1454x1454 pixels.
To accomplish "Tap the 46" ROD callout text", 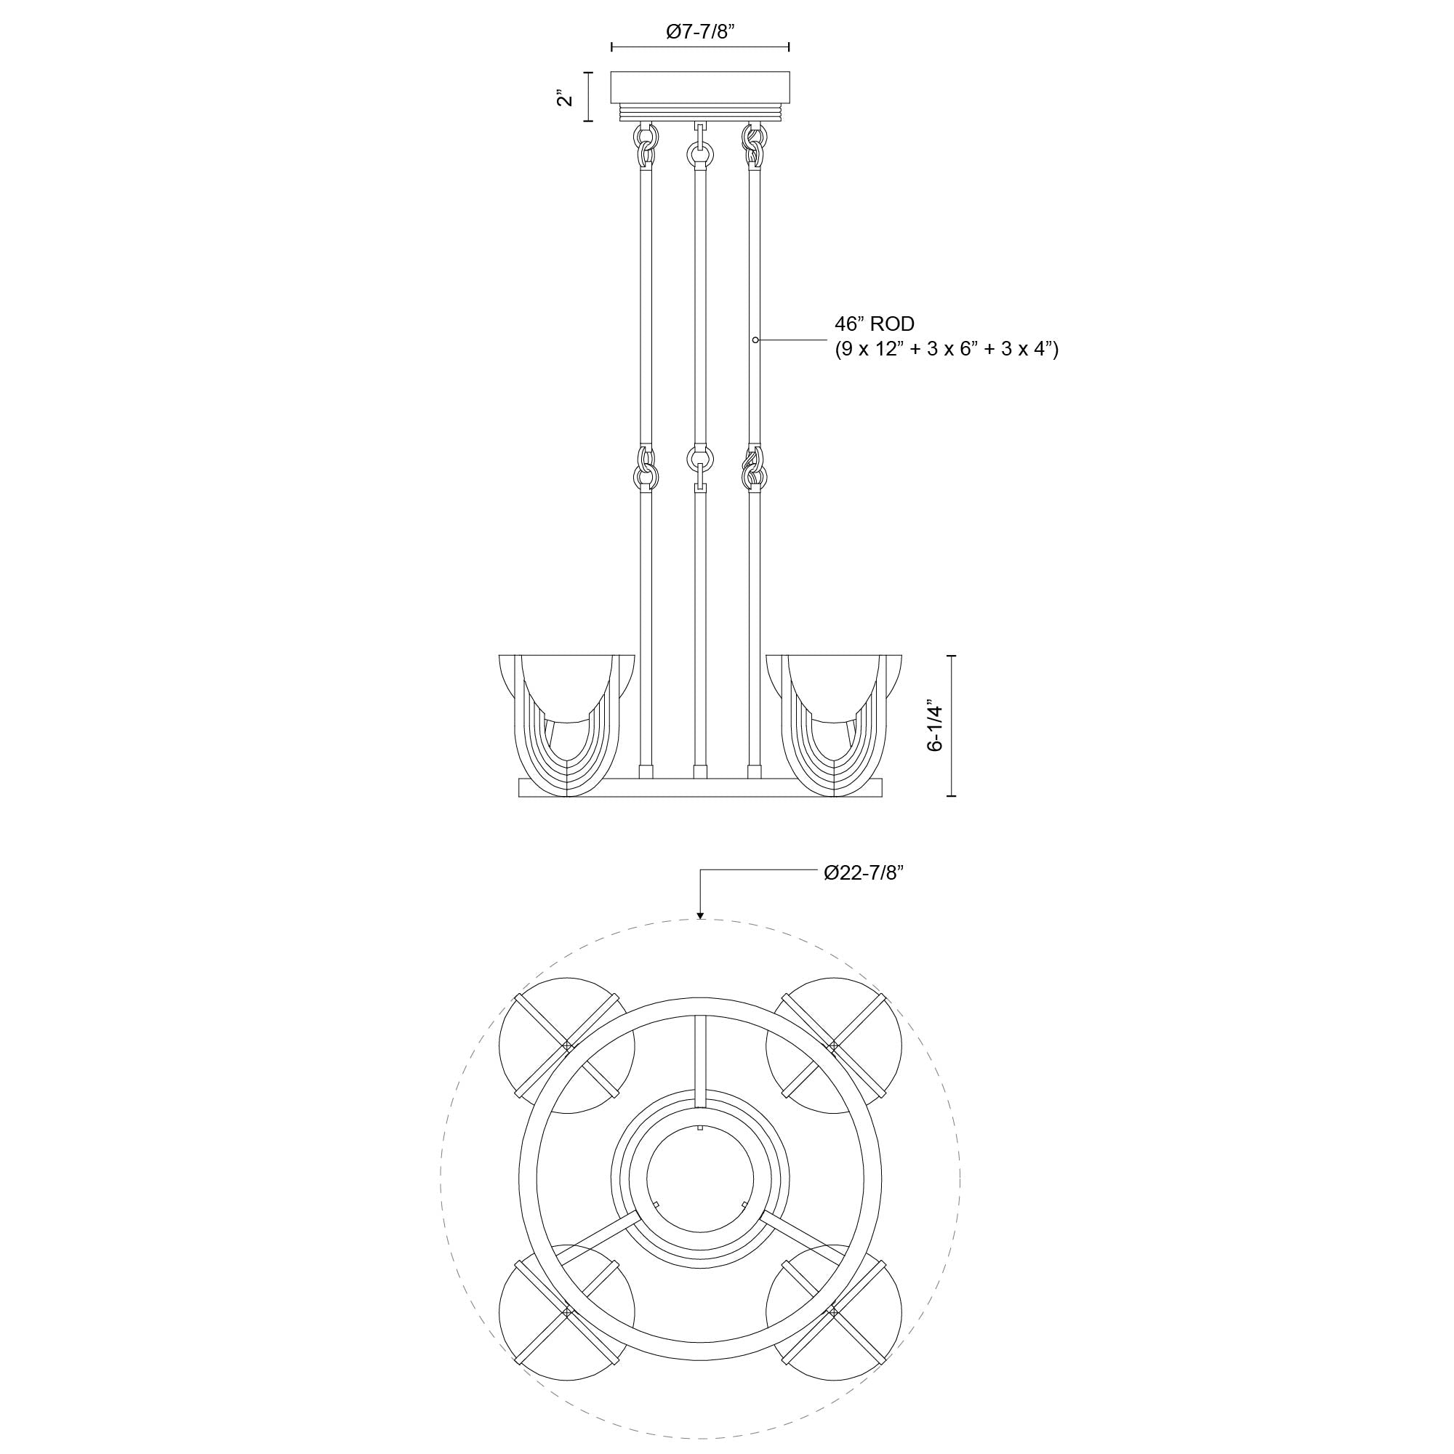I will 875,324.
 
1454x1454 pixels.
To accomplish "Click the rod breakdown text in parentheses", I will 946,349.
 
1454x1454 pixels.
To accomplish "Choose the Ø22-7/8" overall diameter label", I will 863,873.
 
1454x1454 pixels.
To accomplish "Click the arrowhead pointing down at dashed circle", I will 700,915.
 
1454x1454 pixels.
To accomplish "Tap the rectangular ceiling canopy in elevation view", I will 700,87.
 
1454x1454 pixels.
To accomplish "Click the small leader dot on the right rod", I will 755,340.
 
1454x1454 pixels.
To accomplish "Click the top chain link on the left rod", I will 646,138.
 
